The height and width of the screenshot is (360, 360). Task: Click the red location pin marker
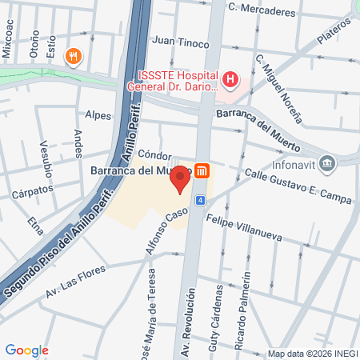pyautogui.click(x=182, y=179)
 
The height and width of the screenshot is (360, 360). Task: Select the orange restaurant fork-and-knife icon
pyautogui.click(x=74, y=55)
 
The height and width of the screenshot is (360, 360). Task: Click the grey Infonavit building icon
pyautogui.click(x=326, y=165)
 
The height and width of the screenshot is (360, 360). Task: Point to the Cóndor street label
pyautogui.click(x=155, y=154)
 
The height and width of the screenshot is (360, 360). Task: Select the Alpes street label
pyautogui.click(x=98, y=114)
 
